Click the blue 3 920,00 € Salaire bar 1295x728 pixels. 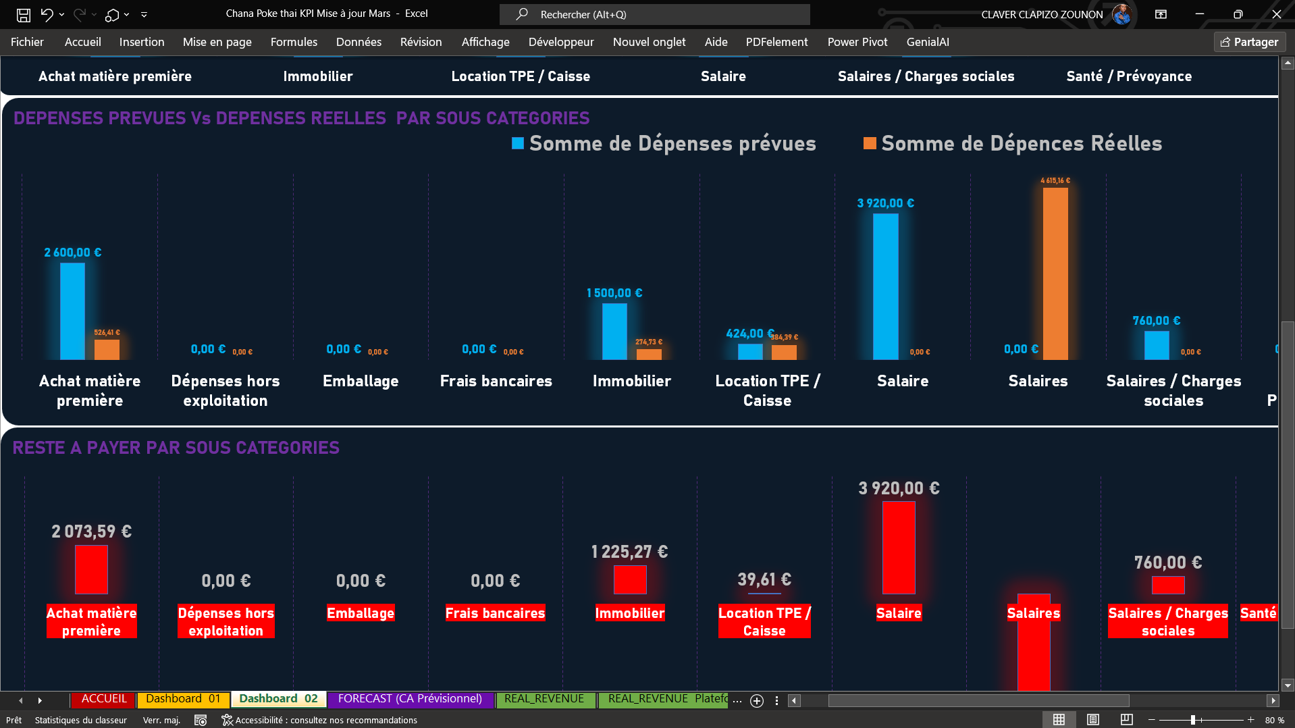[x=885, y=286]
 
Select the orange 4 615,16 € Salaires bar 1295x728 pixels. [x=1055, y=274]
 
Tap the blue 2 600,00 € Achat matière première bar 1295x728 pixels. [x=72, y=311]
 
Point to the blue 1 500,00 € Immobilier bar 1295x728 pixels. [x=614, y=331]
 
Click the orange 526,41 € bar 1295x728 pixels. [x=107, y=349]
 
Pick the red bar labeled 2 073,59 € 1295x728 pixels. [x=91, y=569]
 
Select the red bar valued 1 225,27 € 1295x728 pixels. [x=630, y=579]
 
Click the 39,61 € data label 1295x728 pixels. [x=764, y=579]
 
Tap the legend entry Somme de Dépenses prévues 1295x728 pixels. [x=664, y=143]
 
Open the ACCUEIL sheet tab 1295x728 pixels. [x=104, y=699]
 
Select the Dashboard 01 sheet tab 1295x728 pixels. [x=183, y=699]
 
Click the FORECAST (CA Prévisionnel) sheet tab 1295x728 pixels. [x=410, y=699]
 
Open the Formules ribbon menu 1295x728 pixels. [x=294, y=42]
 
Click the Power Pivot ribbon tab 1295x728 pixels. [x=857, y=42]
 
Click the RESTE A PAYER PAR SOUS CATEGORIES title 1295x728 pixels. [x=176, y=448]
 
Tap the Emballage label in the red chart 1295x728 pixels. [x=361, y=613]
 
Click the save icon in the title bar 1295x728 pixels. [x=24, y=14]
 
